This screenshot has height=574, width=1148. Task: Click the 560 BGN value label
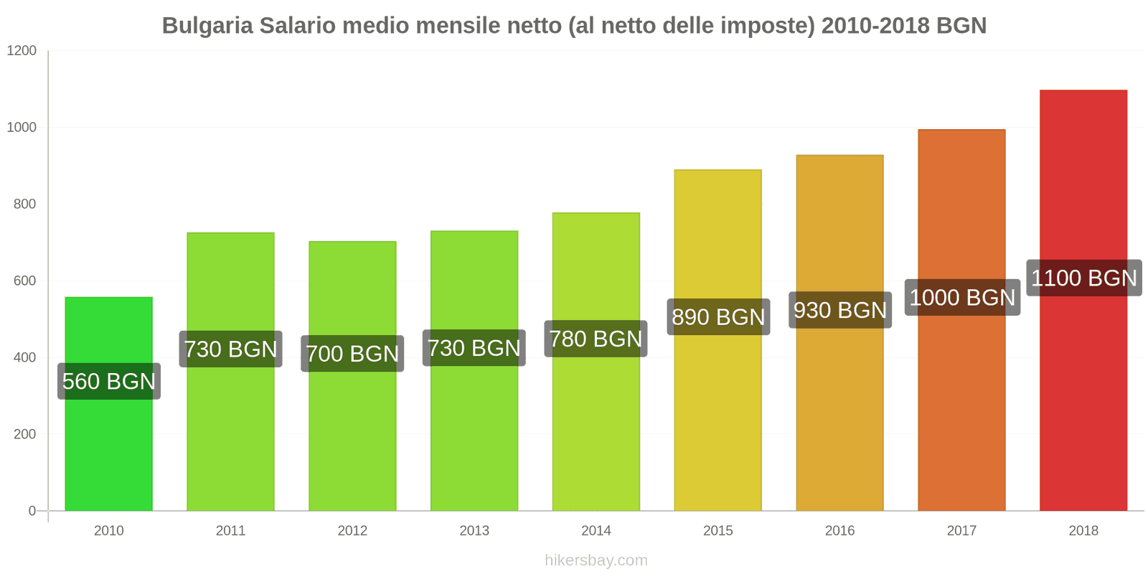109,381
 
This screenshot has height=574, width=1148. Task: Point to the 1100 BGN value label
1083,278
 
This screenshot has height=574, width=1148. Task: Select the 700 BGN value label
352,353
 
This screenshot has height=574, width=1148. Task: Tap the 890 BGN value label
718,316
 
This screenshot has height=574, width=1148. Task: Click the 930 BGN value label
840,310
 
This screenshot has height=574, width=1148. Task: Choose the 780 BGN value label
596,339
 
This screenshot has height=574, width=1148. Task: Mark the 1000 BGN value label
961,297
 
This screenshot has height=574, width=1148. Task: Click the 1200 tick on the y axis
22,51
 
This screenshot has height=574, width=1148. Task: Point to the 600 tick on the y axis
24,281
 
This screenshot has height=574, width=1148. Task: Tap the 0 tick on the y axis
32,511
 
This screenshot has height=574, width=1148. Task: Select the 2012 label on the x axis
352,530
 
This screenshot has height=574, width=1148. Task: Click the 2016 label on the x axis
839,530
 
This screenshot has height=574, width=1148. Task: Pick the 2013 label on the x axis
474,530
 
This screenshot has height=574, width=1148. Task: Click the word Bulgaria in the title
207,26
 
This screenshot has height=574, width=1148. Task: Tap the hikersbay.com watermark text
596,560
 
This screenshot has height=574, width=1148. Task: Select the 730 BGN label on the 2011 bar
230,349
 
